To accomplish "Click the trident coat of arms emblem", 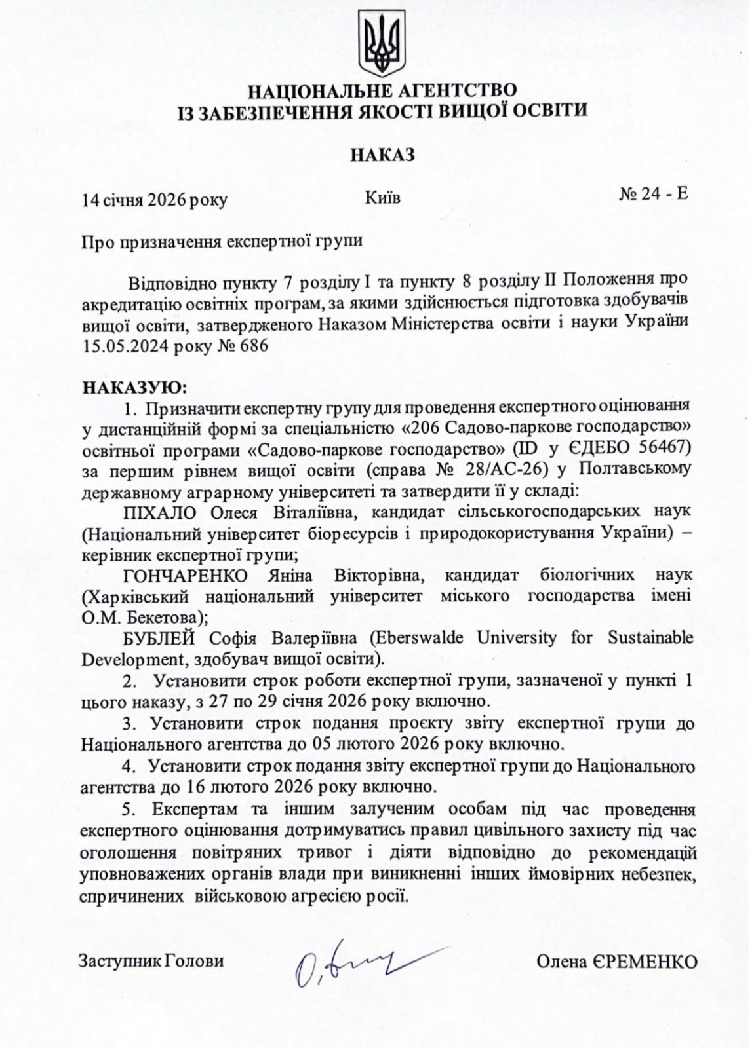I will click(x=382, y=44).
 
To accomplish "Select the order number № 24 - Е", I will click(x=653, y=195).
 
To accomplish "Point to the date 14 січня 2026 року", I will click(x=154, y=200).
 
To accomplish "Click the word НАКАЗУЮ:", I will click(x=134, y=387).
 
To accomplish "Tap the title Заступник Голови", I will click(x=151, y=961).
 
